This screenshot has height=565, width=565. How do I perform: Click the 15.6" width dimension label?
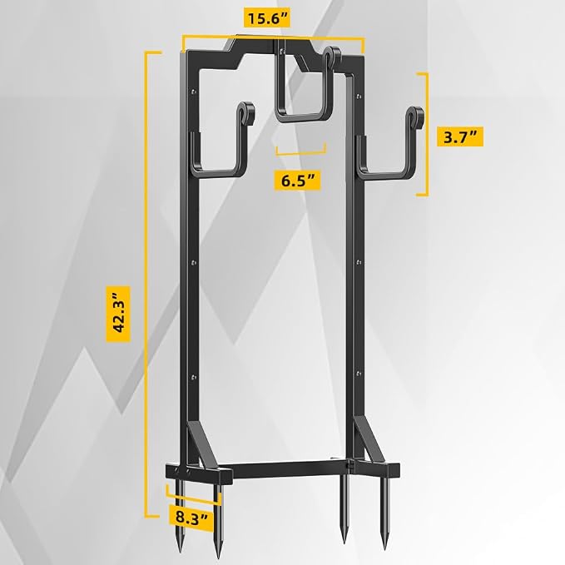[x=267, y=18]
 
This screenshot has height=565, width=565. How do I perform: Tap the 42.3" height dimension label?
[x=118, y=314]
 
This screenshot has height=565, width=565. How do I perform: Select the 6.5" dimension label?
[x=297, y=181]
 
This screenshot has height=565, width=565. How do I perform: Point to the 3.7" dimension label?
[x=460, y=136]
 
